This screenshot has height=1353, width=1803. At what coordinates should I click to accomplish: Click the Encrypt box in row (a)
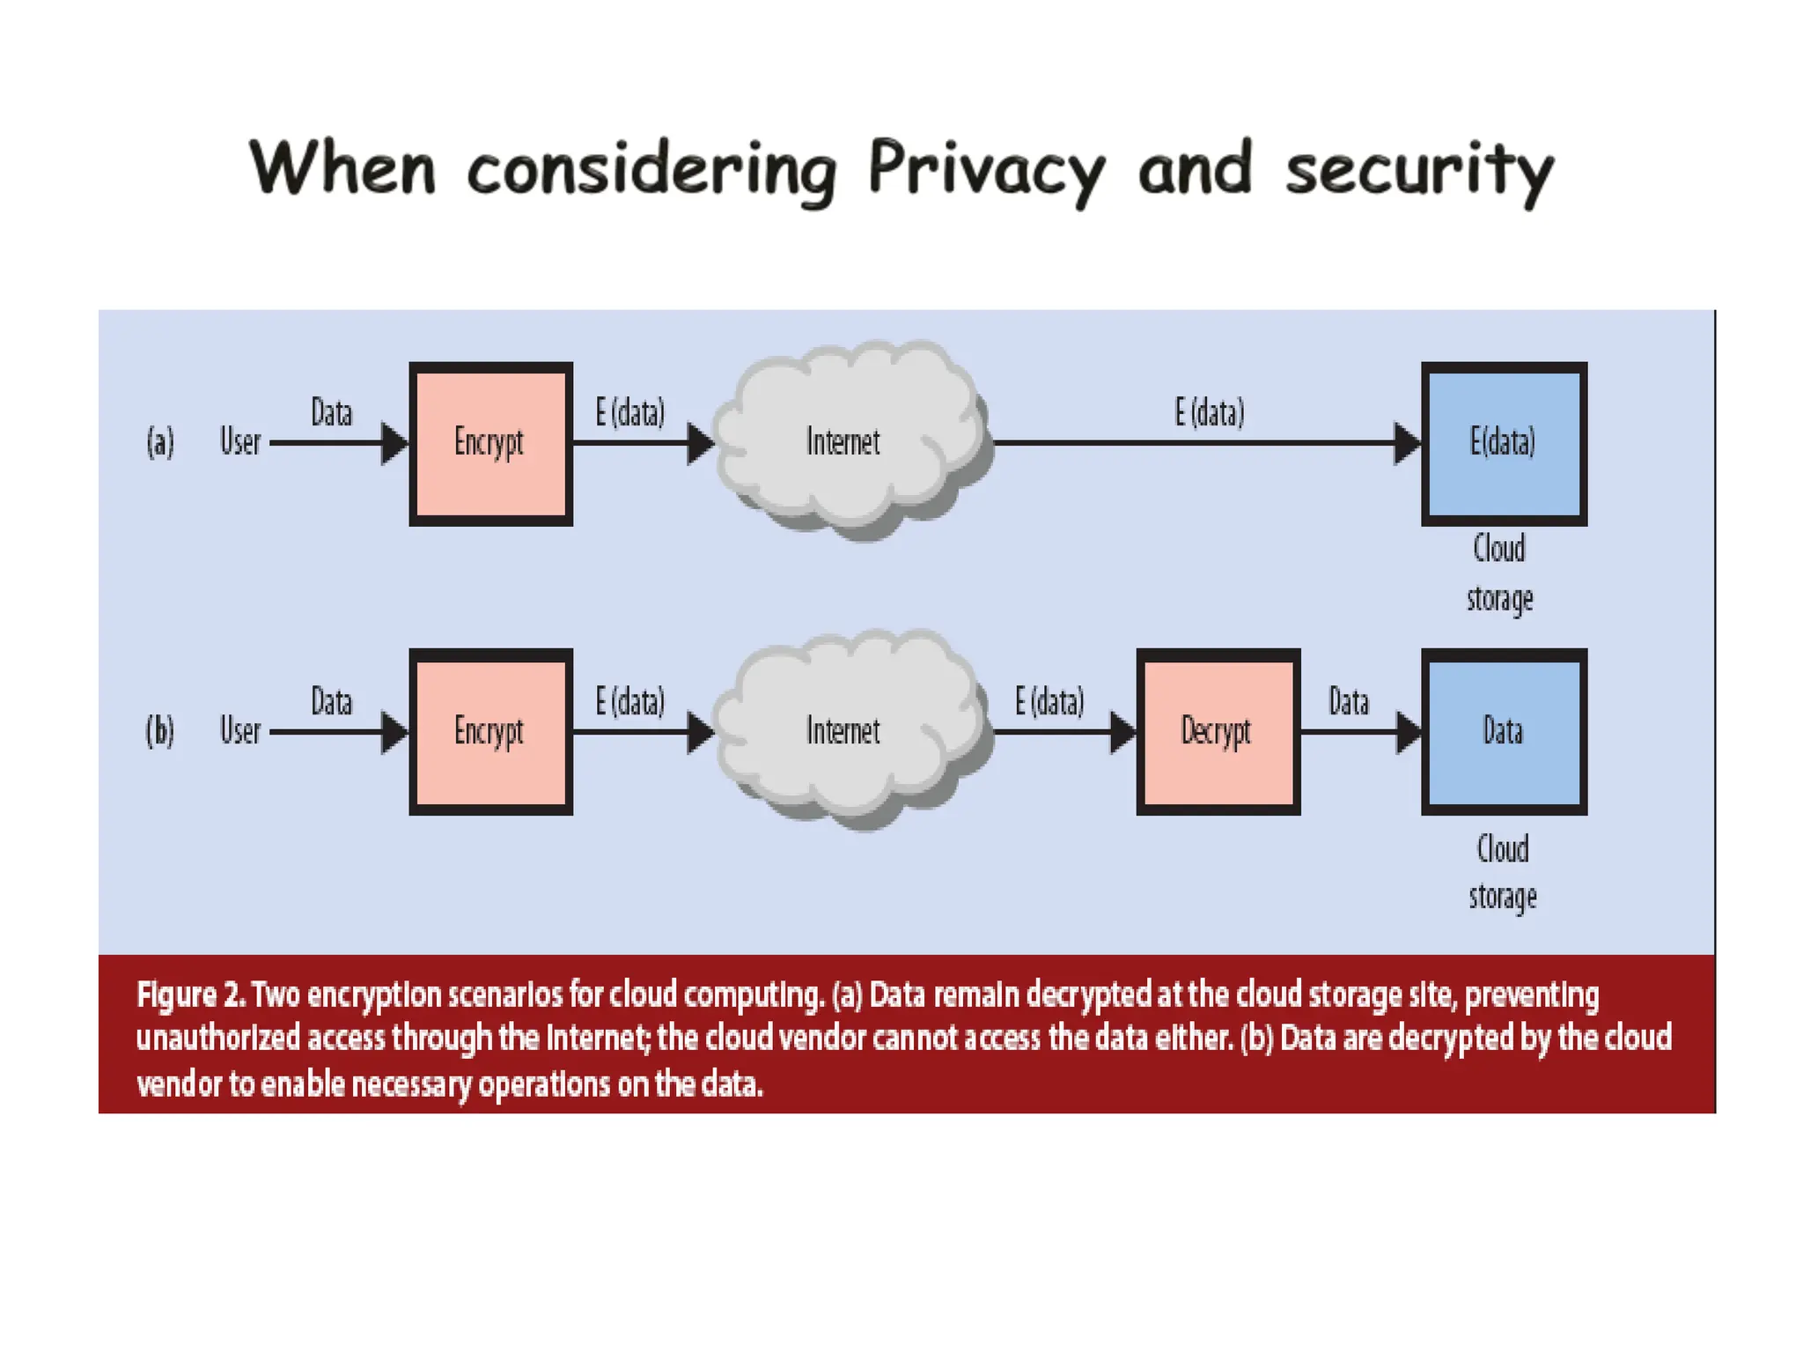coord(490,443)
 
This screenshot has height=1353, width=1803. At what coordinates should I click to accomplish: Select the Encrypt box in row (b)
coord(490,731)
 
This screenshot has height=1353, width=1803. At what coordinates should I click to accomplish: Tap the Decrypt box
coord(1218,731)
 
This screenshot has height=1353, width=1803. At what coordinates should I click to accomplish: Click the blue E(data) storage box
coord(1504,443)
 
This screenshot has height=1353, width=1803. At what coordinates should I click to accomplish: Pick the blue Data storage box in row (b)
coord(1504,731)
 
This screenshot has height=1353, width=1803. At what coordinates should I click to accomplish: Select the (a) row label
coord(160,441)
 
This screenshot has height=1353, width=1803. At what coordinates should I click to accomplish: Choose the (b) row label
coord(160,730)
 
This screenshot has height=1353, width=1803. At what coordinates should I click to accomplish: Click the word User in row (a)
coord(240,441)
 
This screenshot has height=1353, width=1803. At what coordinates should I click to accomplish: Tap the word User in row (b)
coord(240,730)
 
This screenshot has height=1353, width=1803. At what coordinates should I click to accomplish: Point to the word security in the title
coord(1419,169)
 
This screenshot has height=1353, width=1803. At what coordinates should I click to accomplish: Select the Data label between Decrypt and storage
coord(1349,702)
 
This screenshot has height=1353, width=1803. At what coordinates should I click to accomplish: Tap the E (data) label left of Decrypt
coord(1049,702)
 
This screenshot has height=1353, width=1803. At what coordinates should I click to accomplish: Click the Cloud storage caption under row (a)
coord(1500,573)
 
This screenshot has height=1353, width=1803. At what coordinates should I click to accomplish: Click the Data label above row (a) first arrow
coord(332,412)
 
